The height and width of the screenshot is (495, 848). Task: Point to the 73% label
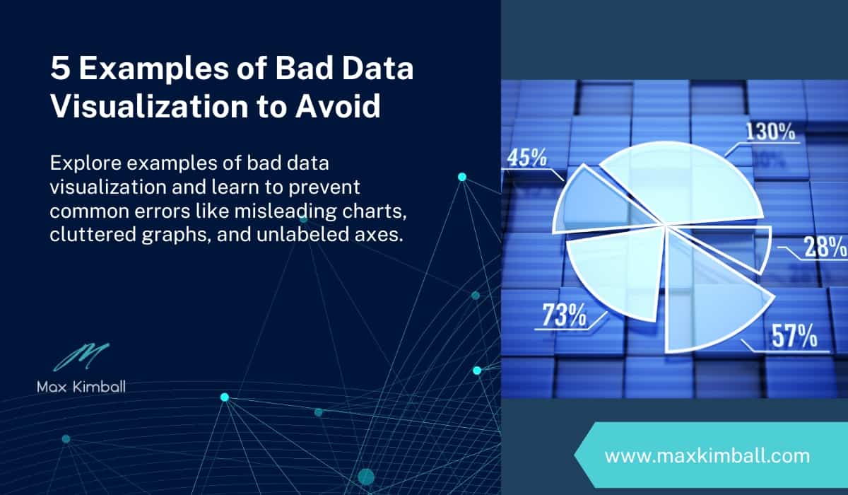coord(563,315)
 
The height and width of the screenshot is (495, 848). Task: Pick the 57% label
coord(794,335)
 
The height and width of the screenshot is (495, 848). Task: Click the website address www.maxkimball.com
coord(707,455)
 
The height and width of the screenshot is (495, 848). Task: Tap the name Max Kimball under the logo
coord(81,387)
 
